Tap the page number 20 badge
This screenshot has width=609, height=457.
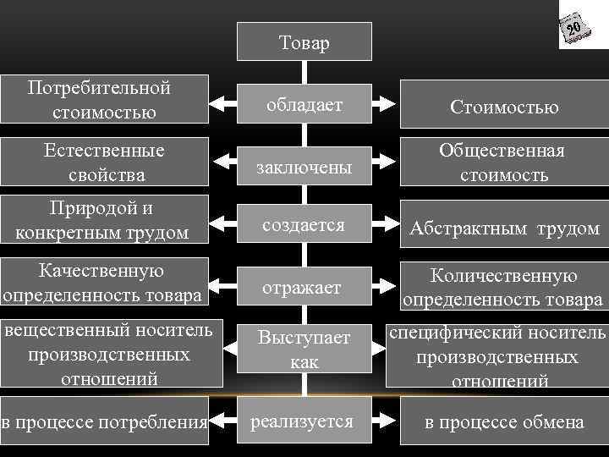(x=573, y=30)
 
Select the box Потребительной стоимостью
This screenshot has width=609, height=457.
(x=104, y=100)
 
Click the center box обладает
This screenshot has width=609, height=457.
(x=304, y=105)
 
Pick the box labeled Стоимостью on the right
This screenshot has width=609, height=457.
(x=504, y=107)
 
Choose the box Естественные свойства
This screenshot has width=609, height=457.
(x=104, y=162)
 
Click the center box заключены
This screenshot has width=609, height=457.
(x=304, y=167)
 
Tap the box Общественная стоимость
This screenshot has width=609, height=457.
(x=504, y=162)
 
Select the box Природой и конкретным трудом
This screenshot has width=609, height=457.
(x=104, y=221)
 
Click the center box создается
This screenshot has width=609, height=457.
(x=304, y=225)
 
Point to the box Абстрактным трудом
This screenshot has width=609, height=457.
(x=504, y=228)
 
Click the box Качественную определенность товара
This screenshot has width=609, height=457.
(x=104, y=283)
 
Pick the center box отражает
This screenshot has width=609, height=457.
(x=304, y=288)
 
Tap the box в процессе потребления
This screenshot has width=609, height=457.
(x=104, y=421)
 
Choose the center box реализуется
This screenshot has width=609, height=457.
(x=304, y=421)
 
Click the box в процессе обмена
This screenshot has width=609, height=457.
(x=504, y=421)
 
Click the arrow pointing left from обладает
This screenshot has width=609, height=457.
(x=222, y=106)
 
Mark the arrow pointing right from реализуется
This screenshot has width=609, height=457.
(x=385, y=421)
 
